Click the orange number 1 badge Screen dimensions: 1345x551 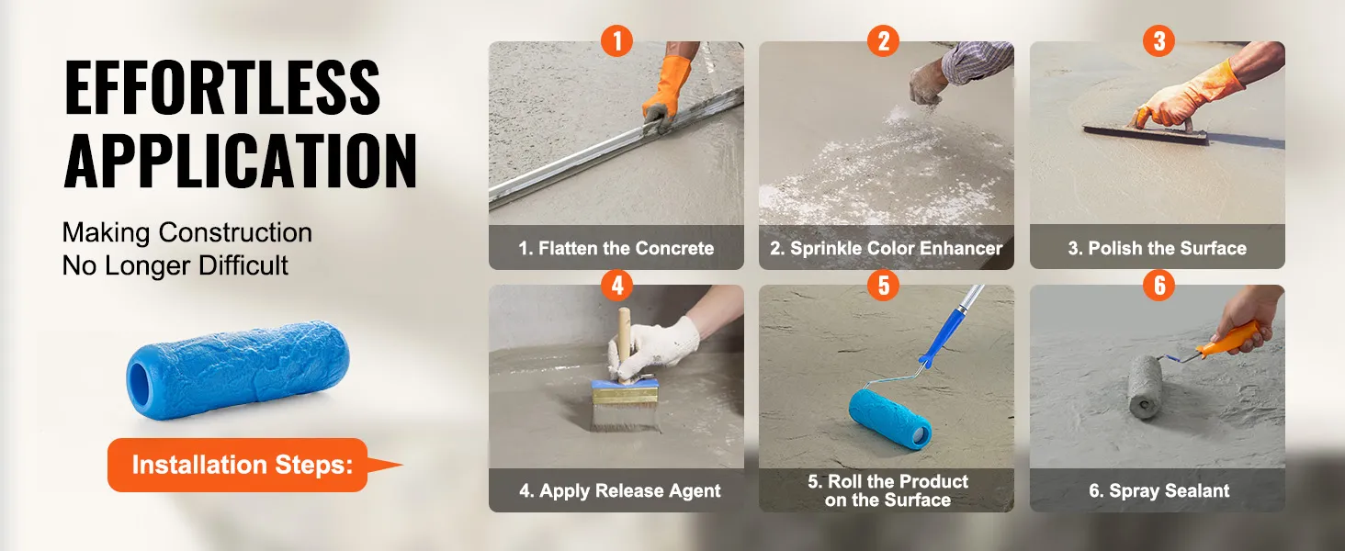pyautogui.click(x=616, y=40)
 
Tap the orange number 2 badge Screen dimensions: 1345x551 pyautogui.click(x=883, y=40)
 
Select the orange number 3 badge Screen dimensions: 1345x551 pyautogui.click(x=1159, y=40)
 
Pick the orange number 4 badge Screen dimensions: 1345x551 pyautogui.click(x=616, y=285)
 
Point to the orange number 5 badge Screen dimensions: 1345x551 pyautogui.click(x=883, y=285)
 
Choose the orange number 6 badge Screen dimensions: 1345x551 pyautogui.click(x=1159, y=285)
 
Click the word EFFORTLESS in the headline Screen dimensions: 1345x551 pyautogui.click(x=222, y=87)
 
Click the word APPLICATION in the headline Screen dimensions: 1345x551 pyautogui.click(x=240, y=161)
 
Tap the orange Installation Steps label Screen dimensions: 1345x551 pyautogui.click(x=242, y=465)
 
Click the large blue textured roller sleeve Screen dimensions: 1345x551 pyautogui.click(x=238, y=370)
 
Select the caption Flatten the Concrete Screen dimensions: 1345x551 pyautogui.click(x=616, y=248)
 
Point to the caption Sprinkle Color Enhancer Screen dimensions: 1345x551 pyautogui.click(x=887, y=248)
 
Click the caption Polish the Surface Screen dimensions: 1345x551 pyautogui.click(x=1157, y=248)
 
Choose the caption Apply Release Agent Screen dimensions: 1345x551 pyautogui.click(x=619, y=491)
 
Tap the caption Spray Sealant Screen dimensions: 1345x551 pyautogui.click(x=1159, y=491)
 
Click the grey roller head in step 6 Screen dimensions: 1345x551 pyautogui.click(x=1146, y=387)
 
